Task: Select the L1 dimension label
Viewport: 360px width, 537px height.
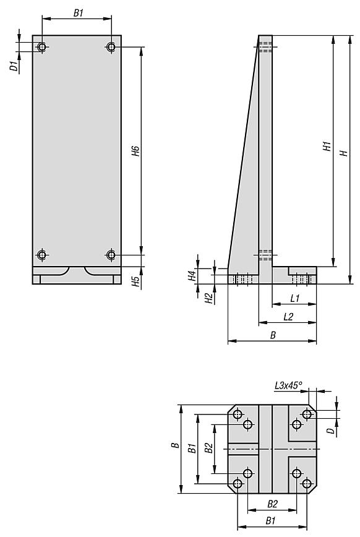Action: [295, 299]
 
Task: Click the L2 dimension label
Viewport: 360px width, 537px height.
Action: [288, 317]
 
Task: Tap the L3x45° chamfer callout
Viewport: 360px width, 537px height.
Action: [289, 385]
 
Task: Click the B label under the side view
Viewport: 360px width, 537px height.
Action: [272, 335]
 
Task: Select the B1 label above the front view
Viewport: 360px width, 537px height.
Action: [78, 12]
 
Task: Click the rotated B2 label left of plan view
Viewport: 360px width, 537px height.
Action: [208, 447]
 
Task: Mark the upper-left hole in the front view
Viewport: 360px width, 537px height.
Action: [42, 47]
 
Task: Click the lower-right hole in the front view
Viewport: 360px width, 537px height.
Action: [111, 255]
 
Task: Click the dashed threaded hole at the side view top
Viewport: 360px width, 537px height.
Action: [265, 46]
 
